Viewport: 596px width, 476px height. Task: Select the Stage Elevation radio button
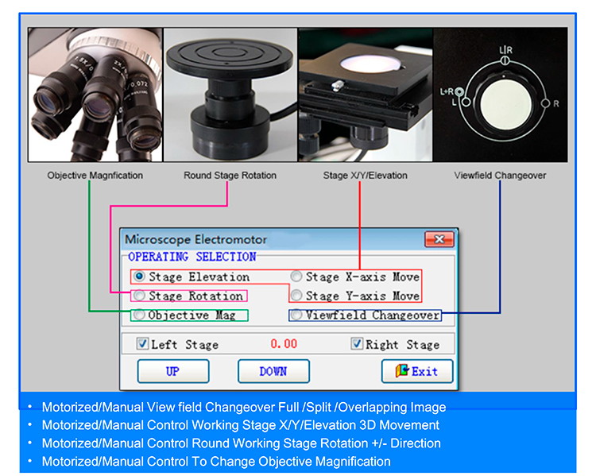pos(140,277)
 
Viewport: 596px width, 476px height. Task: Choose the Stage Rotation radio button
pos(140,296)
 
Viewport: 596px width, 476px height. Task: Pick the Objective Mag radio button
pos(140,315)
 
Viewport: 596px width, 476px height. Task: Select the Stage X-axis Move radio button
pos(296,277)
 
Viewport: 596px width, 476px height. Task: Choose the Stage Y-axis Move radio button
pos(296,296)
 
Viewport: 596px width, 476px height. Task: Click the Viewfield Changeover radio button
pos(296,315)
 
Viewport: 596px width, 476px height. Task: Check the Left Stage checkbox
pos(142,344)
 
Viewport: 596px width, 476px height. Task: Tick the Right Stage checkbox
pos(357,344)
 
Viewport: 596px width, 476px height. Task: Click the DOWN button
pos(273,371)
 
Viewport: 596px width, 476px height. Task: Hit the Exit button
pos(416,371)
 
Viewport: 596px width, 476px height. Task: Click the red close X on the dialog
pos(439,238)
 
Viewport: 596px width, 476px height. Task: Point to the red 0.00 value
pos(284,344)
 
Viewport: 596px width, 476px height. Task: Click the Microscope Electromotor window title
pos(195,239)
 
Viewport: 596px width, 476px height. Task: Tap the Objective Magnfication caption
pos(95,175)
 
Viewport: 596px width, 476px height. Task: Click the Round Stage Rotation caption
pos(230,175)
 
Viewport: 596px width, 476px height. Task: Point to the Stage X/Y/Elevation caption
pos(366,175)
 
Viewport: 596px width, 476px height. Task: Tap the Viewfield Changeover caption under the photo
pos(500,175)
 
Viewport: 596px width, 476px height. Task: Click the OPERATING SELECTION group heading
pos(192,257)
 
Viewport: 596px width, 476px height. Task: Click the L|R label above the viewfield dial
pos(506,51)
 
